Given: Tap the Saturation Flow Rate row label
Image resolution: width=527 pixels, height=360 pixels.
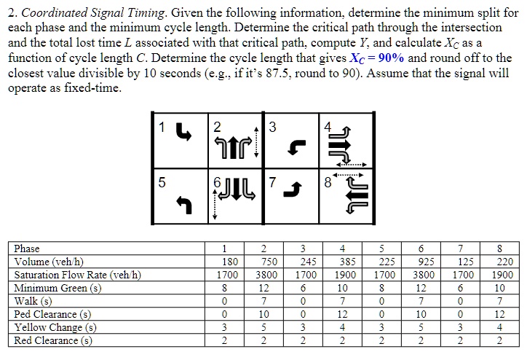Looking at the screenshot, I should tap(78, 275).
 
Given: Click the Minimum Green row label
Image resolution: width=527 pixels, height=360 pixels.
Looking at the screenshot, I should tap(58, 288).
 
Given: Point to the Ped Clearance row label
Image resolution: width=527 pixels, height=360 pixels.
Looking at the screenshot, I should tap(52, 314).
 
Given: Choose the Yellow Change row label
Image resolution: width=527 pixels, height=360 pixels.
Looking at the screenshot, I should tap(55, 327).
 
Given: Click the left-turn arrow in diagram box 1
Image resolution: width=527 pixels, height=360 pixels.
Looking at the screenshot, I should tap(185, 136).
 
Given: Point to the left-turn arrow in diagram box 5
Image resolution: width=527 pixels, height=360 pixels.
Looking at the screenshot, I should tap(185, 207).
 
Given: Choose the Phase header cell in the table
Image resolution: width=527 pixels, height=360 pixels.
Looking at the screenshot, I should tap(28, 249).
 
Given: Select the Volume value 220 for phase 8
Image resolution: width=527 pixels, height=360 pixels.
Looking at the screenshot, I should tap(503, 262).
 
